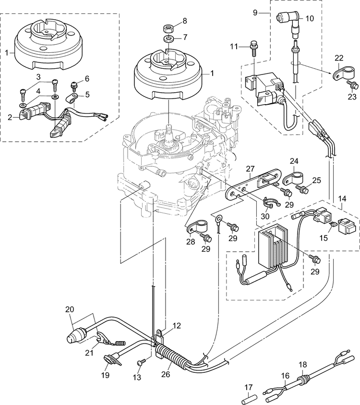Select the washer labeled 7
tap(169, 39)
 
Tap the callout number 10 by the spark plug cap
tap(310, 19)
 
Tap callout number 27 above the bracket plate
tap(250, 169)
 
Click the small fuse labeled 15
tap(333, 225)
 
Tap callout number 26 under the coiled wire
tap(165, 373)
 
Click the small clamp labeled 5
tap(72, 98)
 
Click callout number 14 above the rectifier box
tap(343, 199)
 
